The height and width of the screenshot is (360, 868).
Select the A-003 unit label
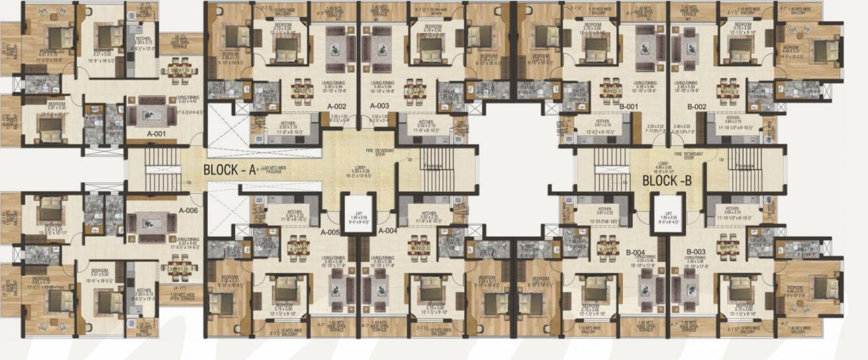click(379, 105)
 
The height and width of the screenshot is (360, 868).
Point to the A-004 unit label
click(387, 231)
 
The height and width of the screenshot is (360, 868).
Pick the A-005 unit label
click(330, 232)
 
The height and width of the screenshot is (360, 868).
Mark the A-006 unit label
click(188, 211)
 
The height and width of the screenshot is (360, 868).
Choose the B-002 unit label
click(696, 107)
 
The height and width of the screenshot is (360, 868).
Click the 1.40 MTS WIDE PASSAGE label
click(275, 169)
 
